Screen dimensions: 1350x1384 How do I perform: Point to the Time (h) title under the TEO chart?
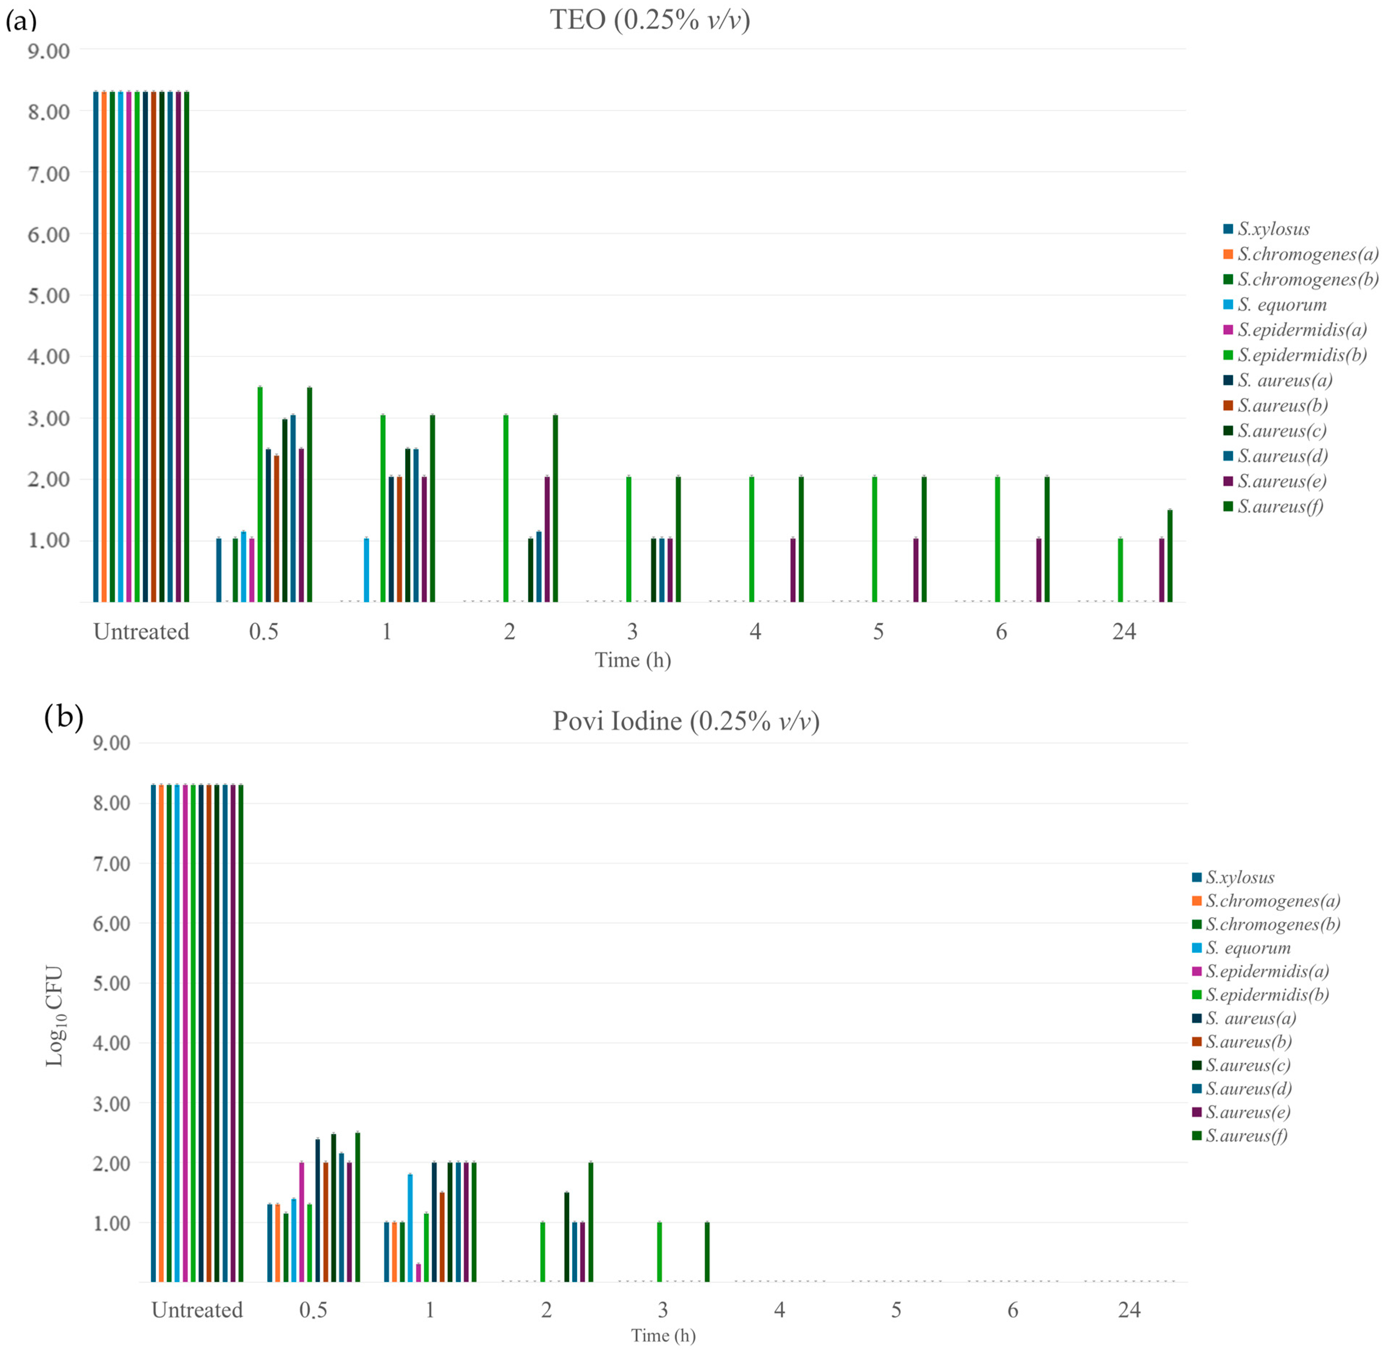click(632, 660)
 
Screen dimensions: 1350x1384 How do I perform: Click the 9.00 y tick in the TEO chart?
click(48, 51)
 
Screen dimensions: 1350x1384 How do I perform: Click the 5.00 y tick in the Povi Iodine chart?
click(111, 983)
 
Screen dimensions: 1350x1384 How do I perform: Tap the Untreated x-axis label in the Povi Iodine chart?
click(197, 1310)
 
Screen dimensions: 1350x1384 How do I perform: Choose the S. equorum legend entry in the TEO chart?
click(1281, 305)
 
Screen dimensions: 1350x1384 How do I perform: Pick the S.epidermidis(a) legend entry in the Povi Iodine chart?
click(1266, 971)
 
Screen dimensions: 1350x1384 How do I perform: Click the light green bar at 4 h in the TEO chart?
click(751, 539)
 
